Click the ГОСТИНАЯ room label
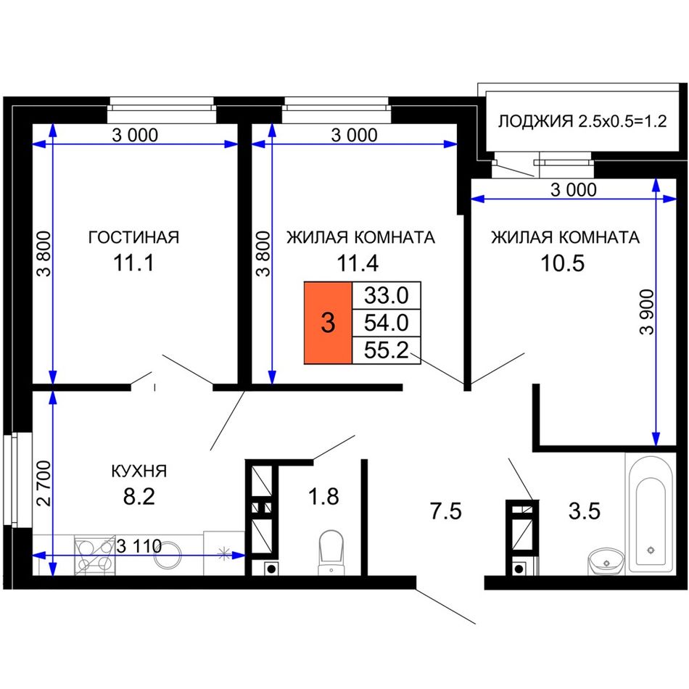tap(134, 237)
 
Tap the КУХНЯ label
tap(139, 471)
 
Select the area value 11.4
tap(358, 264)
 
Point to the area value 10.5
tap(563, 264)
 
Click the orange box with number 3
tap(329, 323)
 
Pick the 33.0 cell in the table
tap(387, 296)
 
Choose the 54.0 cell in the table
tap(387, 323)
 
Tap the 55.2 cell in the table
tap(387, 350)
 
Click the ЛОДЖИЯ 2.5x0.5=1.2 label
tap(582, 121)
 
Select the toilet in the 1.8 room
tap(331, 553)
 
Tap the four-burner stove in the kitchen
tap(95, 555)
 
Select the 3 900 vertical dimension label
tap(647, 312)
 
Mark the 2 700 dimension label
tap(44, 483)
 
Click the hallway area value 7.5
tap(445, 512)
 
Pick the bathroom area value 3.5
tap(585, 511)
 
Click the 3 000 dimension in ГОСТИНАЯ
tap(135, 136)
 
